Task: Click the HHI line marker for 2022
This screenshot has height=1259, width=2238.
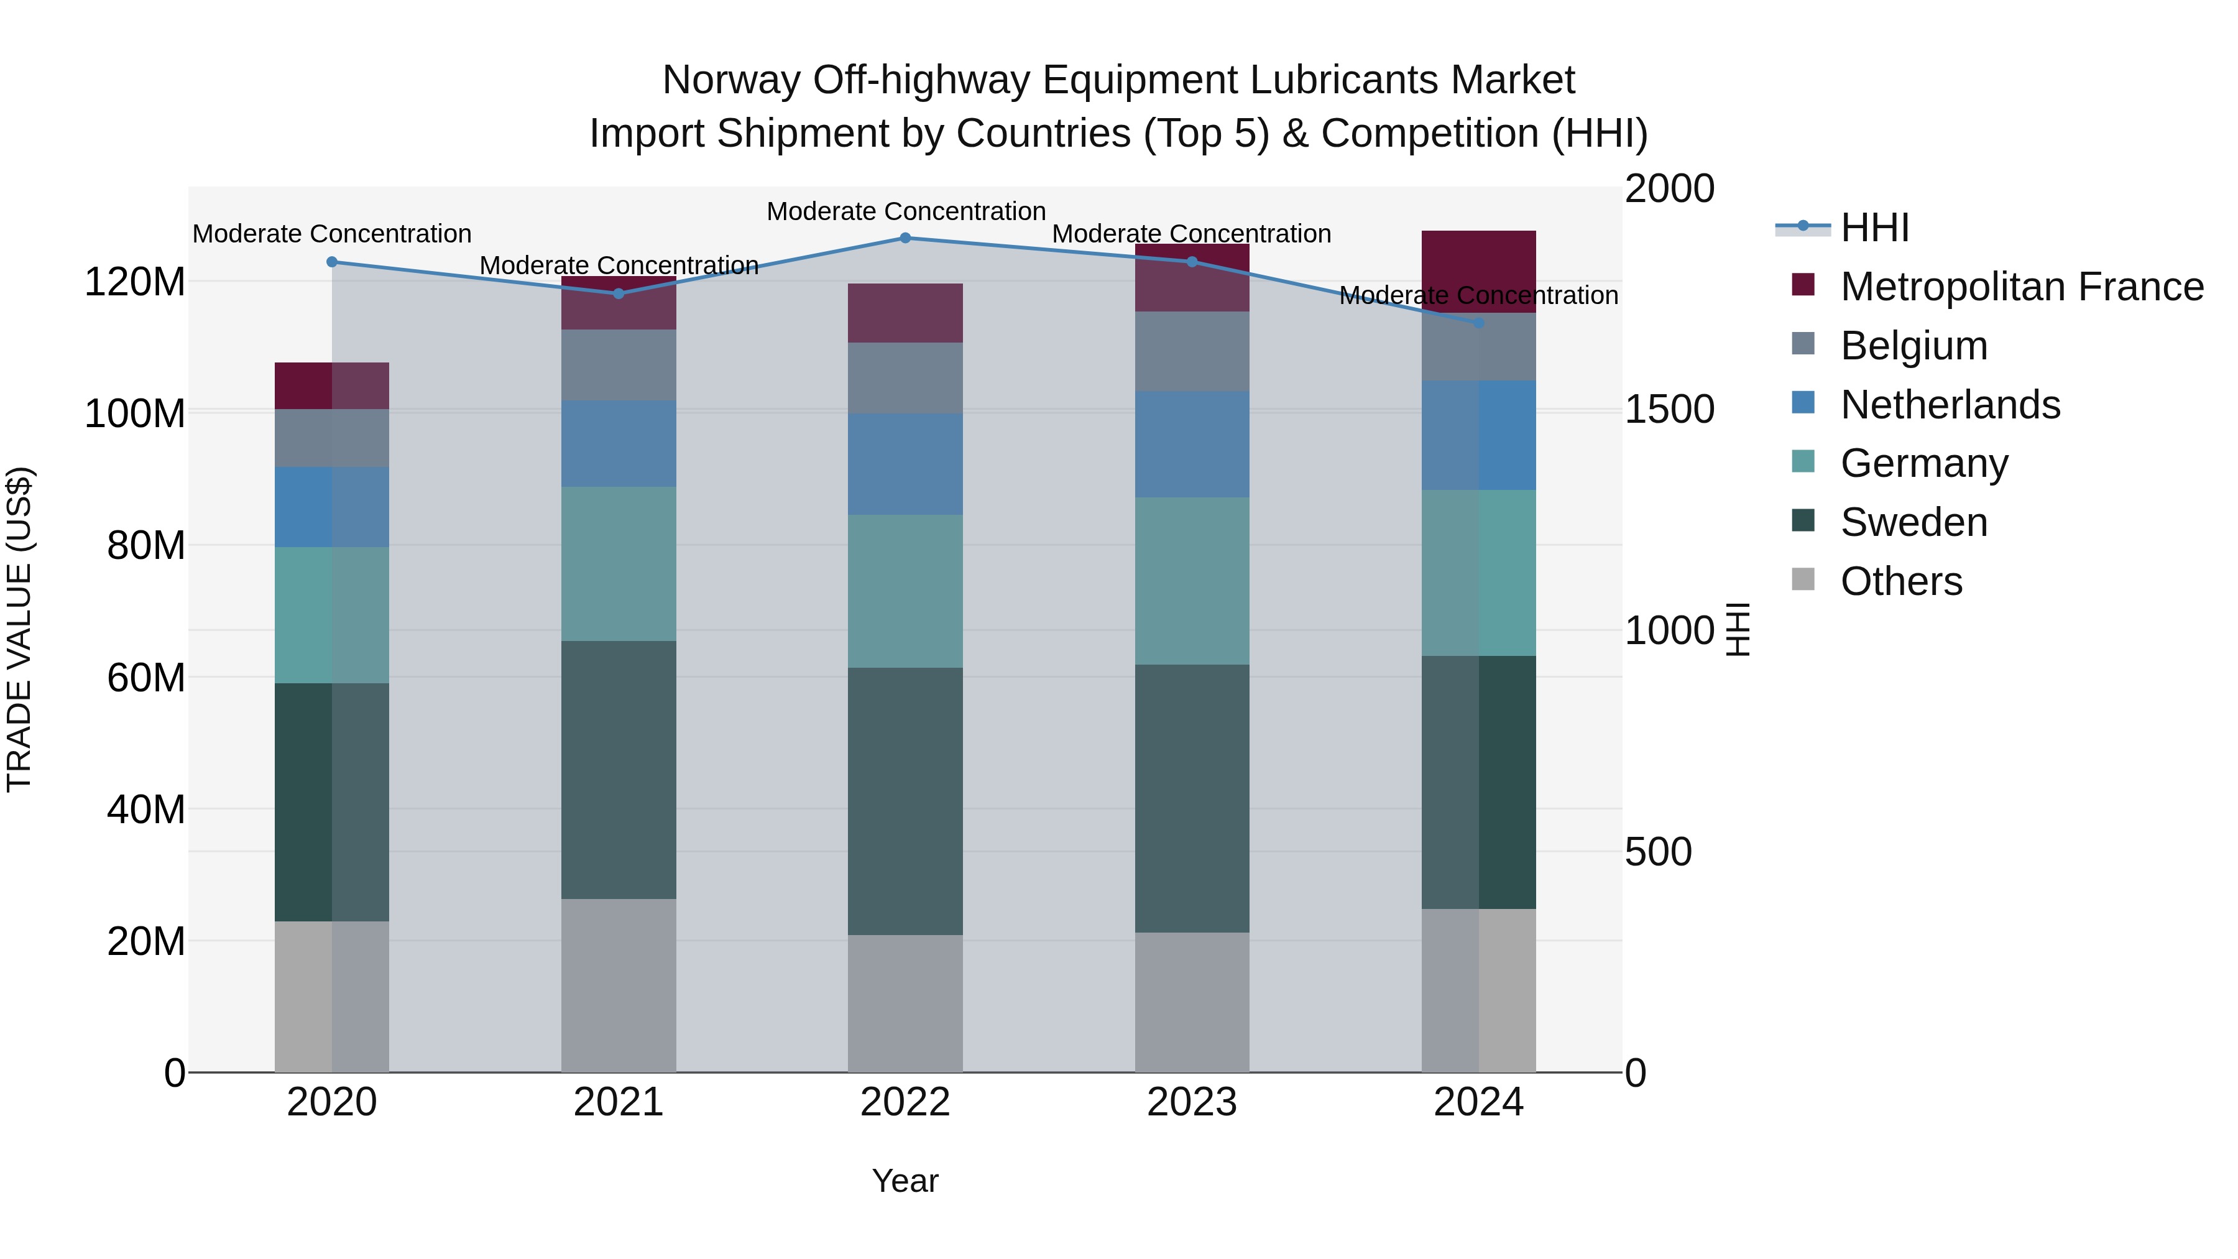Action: click(x=905, y=238)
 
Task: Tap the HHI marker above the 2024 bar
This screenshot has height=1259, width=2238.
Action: click(x=1479, y=322)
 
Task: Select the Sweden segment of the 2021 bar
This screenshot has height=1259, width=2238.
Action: click(x=618, y=770)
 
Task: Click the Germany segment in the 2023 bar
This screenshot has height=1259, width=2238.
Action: click(x=1191, y=581)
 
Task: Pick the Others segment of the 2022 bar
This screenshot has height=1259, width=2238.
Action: click(x=905, y=1003)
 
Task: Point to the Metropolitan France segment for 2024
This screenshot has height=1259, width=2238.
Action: click(x=1479, y=271)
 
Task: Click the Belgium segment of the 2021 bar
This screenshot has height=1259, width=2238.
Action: click(x=618, y=365)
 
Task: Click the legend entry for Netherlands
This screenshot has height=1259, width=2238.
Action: click(x=1950, y=405)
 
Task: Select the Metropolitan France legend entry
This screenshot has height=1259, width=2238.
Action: click(x=2021, y=287)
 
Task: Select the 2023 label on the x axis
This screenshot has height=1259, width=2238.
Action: click(x=1191, y=1102)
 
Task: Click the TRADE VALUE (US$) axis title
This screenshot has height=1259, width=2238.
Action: click(x=19, y=629)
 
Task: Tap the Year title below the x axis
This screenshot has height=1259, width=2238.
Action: click(x=905, y=1181)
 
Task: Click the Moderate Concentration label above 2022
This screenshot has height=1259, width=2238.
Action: click(x=905, y=211)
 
